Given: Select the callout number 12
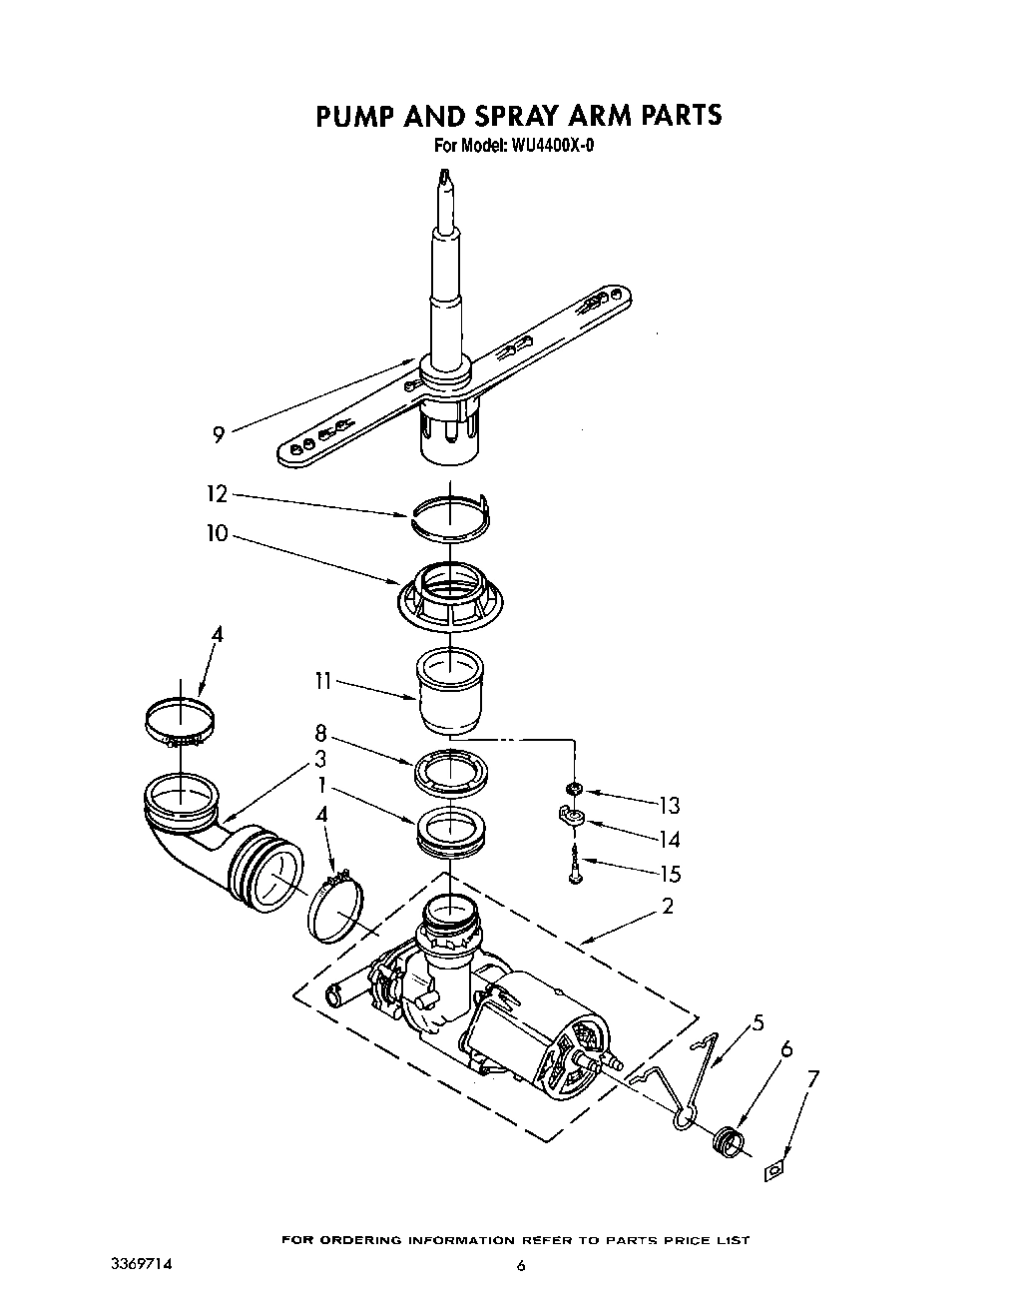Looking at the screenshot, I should tap(217, 493).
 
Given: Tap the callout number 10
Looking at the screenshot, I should tap(217, 534).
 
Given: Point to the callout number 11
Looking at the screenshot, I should tap(321, 682).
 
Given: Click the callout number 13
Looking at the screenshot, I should tap(669, 805).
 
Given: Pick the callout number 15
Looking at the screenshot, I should tap(670, 874).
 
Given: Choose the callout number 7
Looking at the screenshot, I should tap(812, 1078).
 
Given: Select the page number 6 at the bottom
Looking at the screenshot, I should tap(520, 1266).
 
